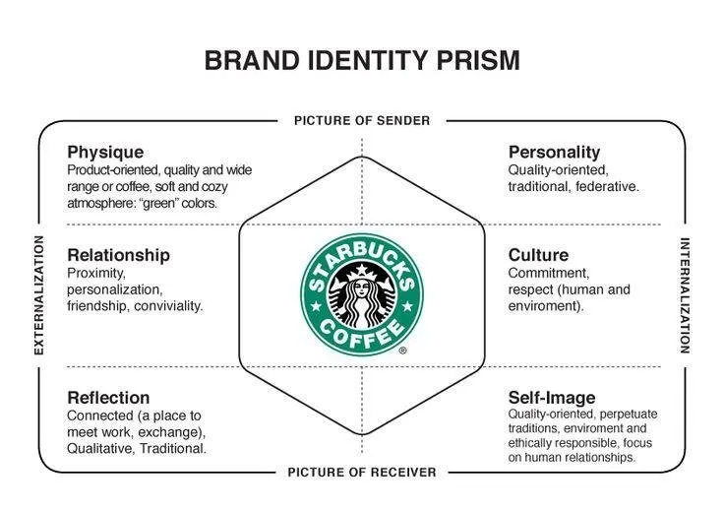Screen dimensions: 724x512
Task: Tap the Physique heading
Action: click(x=105, y=153)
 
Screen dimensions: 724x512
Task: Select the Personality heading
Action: click(x=554, y=153)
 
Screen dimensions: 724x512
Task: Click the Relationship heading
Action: click(x=118, y=255)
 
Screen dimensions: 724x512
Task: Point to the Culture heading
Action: click(x=538, y=255)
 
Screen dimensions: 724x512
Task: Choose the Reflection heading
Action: click(x=108, y=398)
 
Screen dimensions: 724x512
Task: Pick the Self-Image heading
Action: click(x=552, y=398)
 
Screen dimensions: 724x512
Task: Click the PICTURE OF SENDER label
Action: click(x=362, y=121)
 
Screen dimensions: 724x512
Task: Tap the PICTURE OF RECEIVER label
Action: click(x=362, y=473)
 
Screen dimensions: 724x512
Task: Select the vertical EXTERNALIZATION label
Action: click(x=39, y=295)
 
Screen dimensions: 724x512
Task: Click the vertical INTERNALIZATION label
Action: click(x=685, y=295)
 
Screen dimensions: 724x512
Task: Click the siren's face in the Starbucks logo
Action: click(x=362, y=288)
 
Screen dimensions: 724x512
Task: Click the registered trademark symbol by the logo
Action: click(x=402, y=351)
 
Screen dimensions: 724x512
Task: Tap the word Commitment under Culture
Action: click(x=549, y=273)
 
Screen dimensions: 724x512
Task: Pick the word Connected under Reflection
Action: click(x=100, y=416)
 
